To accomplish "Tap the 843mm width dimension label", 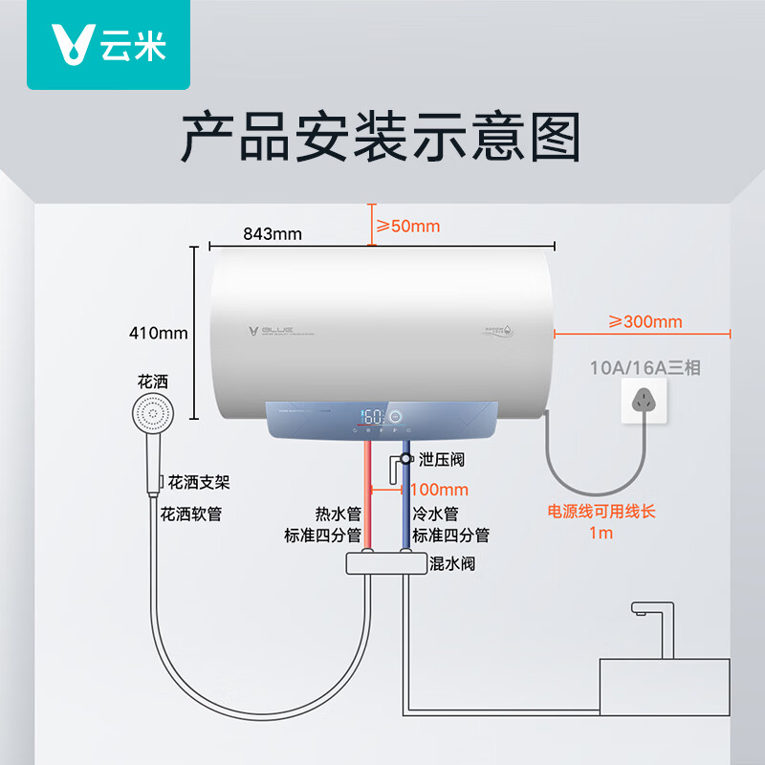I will click(273, 233).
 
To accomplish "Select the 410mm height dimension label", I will click(159, 334).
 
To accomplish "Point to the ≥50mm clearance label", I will click(406, 226).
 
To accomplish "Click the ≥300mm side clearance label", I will click(645, 321).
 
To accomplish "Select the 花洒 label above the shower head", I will click(152, 381).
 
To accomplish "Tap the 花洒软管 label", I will click(191, 514).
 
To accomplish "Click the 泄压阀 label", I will click(441, 460).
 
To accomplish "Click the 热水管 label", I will click(339, 514).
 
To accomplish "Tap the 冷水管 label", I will click(435, 514).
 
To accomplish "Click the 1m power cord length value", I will click(601, 534).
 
